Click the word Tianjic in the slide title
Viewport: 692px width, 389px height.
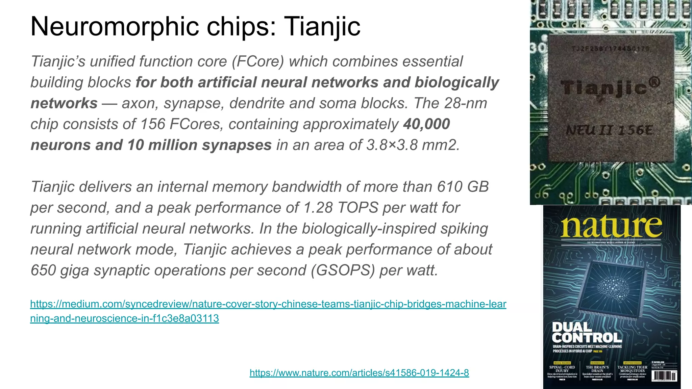[322, 26]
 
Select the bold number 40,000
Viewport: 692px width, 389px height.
[426, 124]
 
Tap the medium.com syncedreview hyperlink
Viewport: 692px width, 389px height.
[268, 304]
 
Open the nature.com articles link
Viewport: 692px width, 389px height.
[359, 373]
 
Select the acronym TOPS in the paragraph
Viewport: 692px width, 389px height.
[358, 208]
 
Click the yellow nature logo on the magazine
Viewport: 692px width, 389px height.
[611, 227]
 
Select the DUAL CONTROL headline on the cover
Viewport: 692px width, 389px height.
[587, 332]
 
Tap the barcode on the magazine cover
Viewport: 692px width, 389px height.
[664, 376]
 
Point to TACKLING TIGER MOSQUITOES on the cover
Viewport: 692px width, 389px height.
[632, 369]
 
